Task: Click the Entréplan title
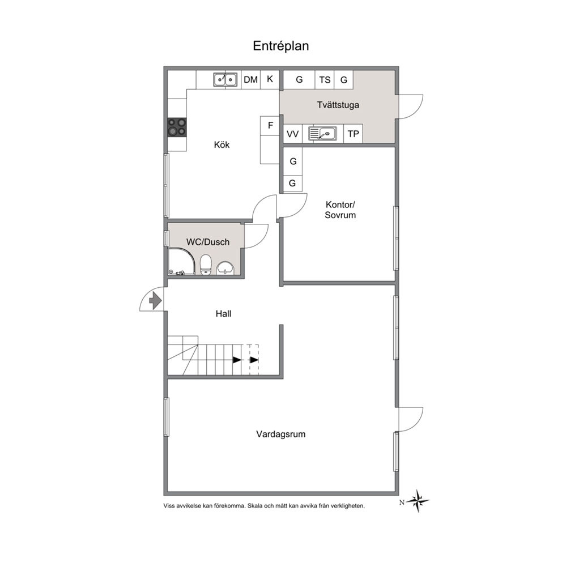coord(280,46)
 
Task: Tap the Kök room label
coord(222,144)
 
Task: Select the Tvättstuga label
coord(338,105)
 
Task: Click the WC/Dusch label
coord(208,242)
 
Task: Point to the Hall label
coord(223,314)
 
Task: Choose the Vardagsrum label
coord(280,435)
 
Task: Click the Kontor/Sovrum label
coord(340,210)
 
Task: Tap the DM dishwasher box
coord(250,79)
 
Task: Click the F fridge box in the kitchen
coord(270,125)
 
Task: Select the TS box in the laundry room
coord(325,79)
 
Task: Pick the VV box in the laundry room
coord(292,134)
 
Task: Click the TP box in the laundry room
coord(353,134)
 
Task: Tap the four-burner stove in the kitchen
coord(177,127)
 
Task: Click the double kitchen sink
coord(225,79)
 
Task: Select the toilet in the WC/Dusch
coord(206,265)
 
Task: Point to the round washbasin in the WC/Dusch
coord(225,268)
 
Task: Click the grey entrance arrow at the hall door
coord(155,300)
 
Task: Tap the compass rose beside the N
coord(418,501)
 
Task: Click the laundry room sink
coord(322,134)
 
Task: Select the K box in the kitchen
coord(270,79)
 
